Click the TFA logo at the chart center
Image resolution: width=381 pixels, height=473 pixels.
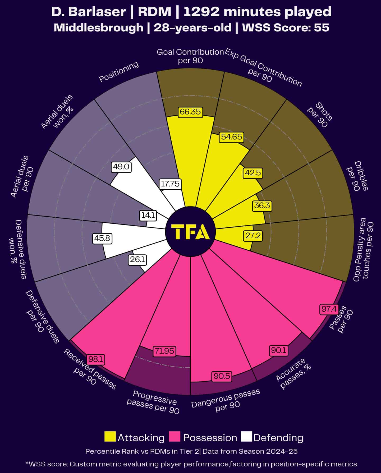point(190,232)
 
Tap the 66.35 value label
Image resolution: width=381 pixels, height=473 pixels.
point(190,112)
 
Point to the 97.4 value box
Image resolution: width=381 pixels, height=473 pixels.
point(329,309)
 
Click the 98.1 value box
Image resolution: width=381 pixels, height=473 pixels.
point(96,359)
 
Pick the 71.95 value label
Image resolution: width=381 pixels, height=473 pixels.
point(164,351)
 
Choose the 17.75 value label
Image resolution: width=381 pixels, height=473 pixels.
point(170,184)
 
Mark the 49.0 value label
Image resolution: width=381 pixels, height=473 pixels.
point(121,167)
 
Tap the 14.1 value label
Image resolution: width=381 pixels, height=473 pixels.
point(148,216)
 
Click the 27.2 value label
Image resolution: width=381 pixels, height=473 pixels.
point(253,236)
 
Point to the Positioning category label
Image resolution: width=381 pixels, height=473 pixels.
point(119,72)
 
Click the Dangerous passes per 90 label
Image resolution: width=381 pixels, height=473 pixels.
point(226,401)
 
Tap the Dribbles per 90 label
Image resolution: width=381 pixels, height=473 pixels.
point(357,176)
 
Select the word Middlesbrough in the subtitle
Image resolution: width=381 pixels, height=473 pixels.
point(98,27)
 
